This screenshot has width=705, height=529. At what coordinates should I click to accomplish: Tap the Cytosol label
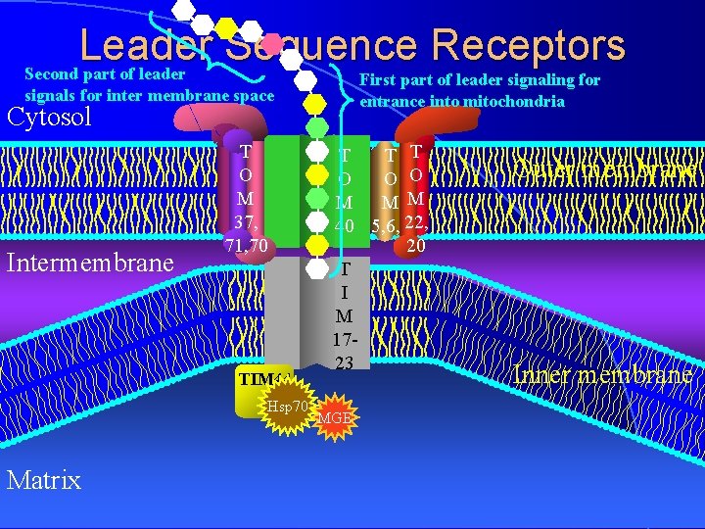(x=49, y=119)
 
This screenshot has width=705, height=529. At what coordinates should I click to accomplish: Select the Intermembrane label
(x=90, y=263)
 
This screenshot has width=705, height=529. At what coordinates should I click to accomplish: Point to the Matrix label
(x=43, y=479)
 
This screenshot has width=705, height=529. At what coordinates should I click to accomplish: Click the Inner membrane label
(x=603, y=375)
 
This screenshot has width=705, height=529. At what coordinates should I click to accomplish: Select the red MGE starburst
(x=336, y=420)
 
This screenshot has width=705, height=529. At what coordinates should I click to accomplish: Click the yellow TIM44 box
(x=258, y=380)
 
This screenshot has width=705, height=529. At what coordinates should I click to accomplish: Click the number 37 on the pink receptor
(x=245, y=221)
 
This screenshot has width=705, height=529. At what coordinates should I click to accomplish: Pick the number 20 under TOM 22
(x=415, y=247)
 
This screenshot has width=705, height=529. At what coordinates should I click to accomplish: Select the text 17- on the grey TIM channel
(x=344, y=340)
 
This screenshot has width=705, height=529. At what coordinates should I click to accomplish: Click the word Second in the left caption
(x=54, y=74)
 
